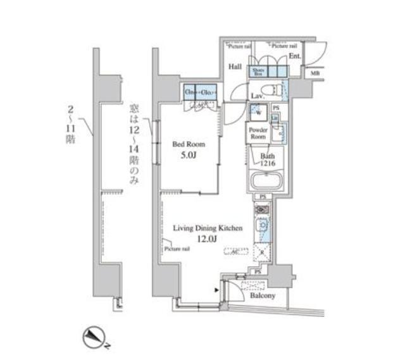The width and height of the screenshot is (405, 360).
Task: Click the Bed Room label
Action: (x=187, y=144)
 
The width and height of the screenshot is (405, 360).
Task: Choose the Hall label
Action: (x=235, y=66)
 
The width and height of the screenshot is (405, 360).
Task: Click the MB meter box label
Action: (x=315, y=74)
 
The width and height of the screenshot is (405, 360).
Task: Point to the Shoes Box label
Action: (x=258, y=71)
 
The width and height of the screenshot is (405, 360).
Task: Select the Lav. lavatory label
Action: (x=256, y=96)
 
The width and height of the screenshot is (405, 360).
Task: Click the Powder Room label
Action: (x=258, y=133)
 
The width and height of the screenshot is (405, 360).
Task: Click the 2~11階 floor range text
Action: (x=70, y=123)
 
